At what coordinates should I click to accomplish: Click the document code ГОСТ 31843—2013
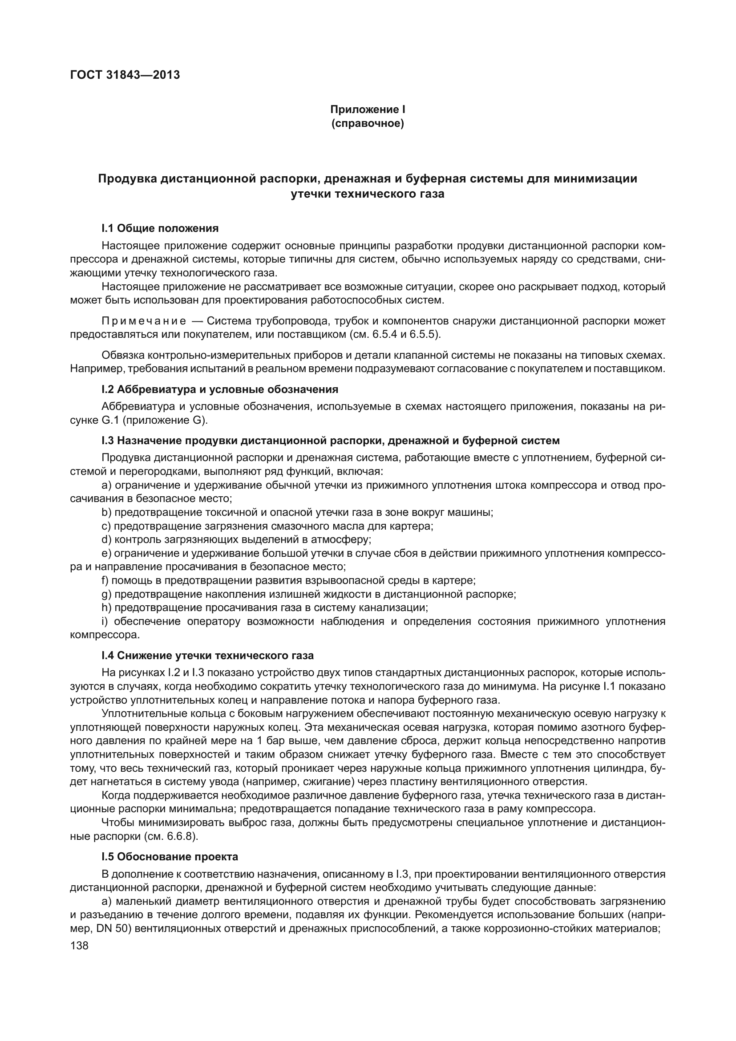click(x=125, y=75)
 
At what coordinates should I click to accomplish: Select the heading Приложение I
click(x=368, y=109)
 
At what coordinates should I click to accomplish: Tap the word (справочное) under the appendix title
click(x=368, y=123)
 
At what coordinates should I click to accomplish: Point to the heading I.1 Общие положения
click(x=160, y=228)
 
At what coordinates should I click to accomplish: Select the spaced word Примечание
click(x=144, y=321)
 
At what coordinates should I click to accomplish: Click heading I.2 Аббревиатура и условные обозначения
click(x=220, y=389)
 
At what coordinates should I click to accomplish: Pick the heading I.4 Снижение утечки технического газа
click(x=207, y=656)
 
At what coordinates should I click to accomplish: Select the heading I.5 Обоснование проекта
click(x=170, y=857)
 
